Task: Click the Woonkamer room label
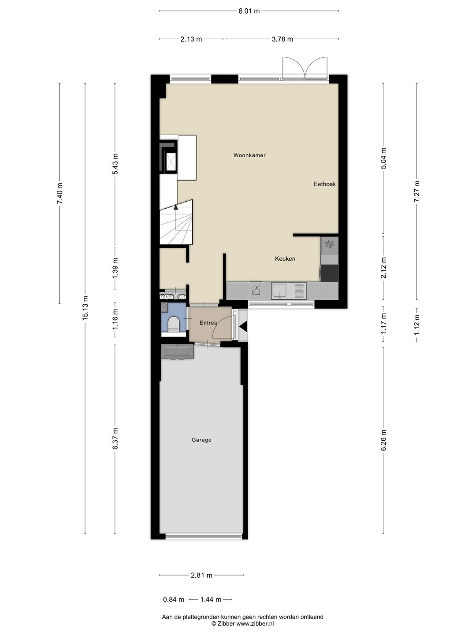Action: click(x=249, y=155)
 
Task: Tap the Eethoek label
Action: click(x=324, y=184)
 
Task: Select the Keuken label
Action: click(x=285, y=259)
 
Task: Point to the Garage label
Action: click(x=201, y=440)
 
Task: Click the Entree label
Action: click(x=208, y=323)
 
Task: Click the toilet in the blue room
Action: click(x=174, y=323)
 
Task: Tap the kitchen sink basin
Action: click(x=279, y=291)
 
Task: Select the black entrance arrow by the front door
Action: click(x=243, y=327)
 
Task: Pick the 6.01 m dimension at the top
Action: click(x=249, y=11)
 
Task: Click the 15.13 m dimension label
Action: click(x=85, y=308)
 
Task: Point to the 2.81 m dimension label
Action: click(x=201, y=575)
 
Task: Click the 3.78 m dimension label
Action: click(x=282, y=39)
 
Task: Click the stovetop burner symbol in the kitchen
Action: click(x=329, y=244)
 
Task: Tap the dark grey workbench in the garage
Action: click(x=177, y=351)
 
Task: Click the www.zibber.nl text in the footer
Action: click(x=255, y=623)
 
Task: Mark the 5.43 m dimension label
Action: click(x=115, y=164)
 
